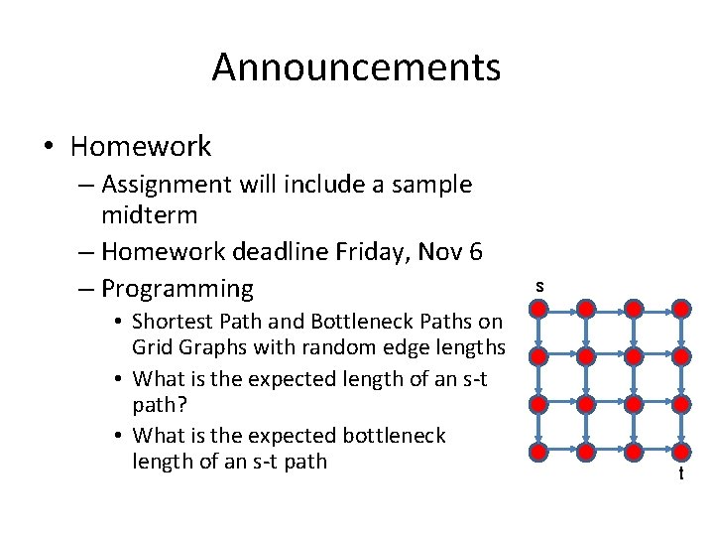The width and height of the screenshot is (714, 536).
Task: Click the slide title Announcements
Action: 356,67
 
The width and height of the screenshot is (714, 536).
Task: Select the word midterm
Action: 149,214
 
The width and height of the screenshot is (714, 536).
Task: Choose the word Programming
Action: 178,289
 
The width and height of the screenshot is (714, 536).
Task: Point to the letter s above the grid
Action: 539,286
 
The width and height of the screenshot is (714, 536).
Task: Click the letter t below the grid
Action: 680,474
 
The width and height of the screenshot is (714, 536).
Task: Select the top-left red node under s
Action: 537,308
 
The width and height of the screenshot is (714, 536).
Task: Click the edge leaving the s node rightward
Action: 561,308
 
